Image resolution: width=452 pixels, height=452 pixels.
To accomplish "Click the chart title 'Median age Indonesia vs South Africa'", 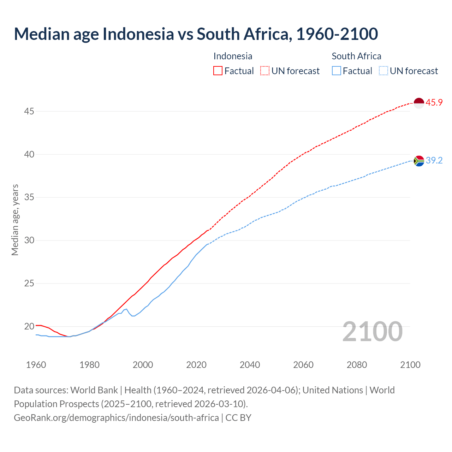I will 196,34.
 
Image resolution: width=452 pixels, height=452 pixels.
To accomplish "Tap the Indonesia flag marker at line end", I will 419,103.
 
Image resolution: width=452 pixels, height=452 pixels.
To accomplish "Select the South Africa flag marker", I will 419,161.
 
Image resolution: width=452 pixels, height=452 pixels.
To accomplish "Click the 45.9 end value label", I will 434,103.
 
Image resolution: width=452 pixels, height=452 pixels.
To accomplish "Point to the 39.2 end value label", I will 434,161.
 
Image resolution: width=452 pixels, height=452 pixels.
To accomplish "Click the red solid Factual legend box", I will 218,71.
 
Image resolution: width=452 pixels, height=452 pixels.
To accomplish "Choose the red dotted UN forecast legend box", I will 265,71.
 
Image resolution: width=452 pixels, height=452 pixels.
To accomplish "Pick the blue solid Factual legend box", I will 337,71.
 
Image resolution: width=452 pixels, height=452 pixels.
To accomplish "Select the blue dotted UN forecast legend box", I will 383,71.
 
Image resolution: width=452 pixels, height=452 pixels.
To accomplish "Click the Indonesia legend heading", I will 233,56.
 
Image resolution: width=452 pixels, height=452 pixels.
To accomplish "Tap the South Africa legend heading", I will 356,56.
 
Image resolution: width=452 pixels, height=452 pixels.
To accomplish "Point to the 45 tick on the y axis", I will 29,112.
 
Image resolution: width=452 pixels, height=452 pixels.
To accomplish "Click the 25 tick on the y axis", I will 29,284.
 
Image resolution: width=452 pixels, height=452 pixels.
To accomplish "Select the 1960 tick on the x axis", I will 36,365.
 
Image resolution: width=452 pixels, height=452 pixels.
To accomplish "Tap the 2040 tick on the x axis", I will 250,365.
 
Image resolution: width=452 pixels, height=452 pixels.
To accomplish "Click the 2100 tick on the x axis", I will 410,365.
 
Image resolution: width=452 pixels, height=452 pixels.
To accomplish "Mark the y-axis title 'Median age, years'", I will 15,220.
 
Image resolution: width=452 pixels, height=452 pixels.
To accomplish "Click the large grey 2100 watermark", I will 373,332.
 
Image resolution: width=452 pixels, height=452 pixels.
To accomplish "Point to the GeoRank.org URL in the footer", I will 116,418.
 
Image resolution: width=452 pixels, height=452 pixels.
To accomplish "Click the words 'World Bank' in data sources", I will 94,390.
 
